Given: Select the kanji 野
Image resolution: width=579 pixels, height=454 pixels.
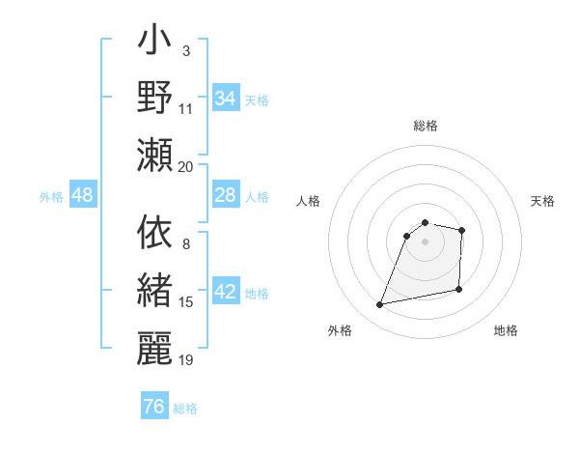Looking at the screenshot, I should (x=154, y=97).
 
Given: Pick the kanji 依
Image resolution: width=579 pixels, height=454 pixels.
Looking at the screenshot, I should (x=154, y=233).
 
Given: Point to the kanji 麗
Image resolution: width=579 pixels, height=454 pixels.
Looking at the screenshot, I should (x=154, y=347).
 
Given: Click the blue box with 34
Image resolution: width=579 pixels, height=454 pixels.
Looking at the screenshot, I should (x=226, y=99).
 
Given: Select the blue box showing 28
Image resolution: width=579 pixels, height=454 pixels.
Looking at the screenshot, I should (x=226, y=196).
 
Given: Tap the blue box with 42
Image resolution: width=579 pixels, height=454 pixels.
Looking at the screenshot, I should (x=226, y=293).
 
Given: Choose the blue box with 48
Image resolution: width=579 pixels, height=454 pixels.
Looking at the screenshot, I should (x=83, y=196).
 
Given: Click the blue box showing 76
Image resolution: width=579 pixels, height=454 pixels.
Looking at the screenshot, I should (x=154, y=407).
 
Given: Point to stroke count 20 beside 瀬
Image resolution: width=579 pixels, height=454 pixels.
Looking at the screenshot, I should (x=186, y=166).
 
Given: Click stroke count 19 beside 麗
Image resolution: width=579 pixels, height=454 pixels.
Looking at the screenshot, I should (x=186, y=360).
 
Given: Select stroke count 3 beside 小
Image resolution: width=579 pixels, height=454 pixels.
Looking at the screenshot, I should (x=186, y=49).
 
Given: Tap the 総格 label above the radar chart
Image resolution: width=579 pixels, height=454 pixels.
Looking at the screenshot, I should (x=426, y=126).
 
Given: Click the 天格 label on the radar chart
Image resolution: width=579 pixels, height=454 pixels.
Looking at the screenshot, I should (x=543, y=201).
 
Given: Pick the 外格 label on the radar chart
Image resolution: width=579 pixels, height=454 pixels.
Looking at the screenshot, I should (x=340, y=330).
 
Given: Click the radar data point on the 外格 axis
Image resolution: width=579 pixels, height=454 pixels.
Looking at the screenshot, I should (x=380, y=305).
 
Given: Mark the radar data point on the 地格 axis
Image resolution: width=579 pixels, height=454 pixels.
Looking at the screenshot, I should (x=459, y=290).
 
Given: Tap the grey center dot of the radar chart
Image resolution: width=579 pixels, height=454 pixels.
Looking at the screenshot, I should (x=426, y=241).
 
